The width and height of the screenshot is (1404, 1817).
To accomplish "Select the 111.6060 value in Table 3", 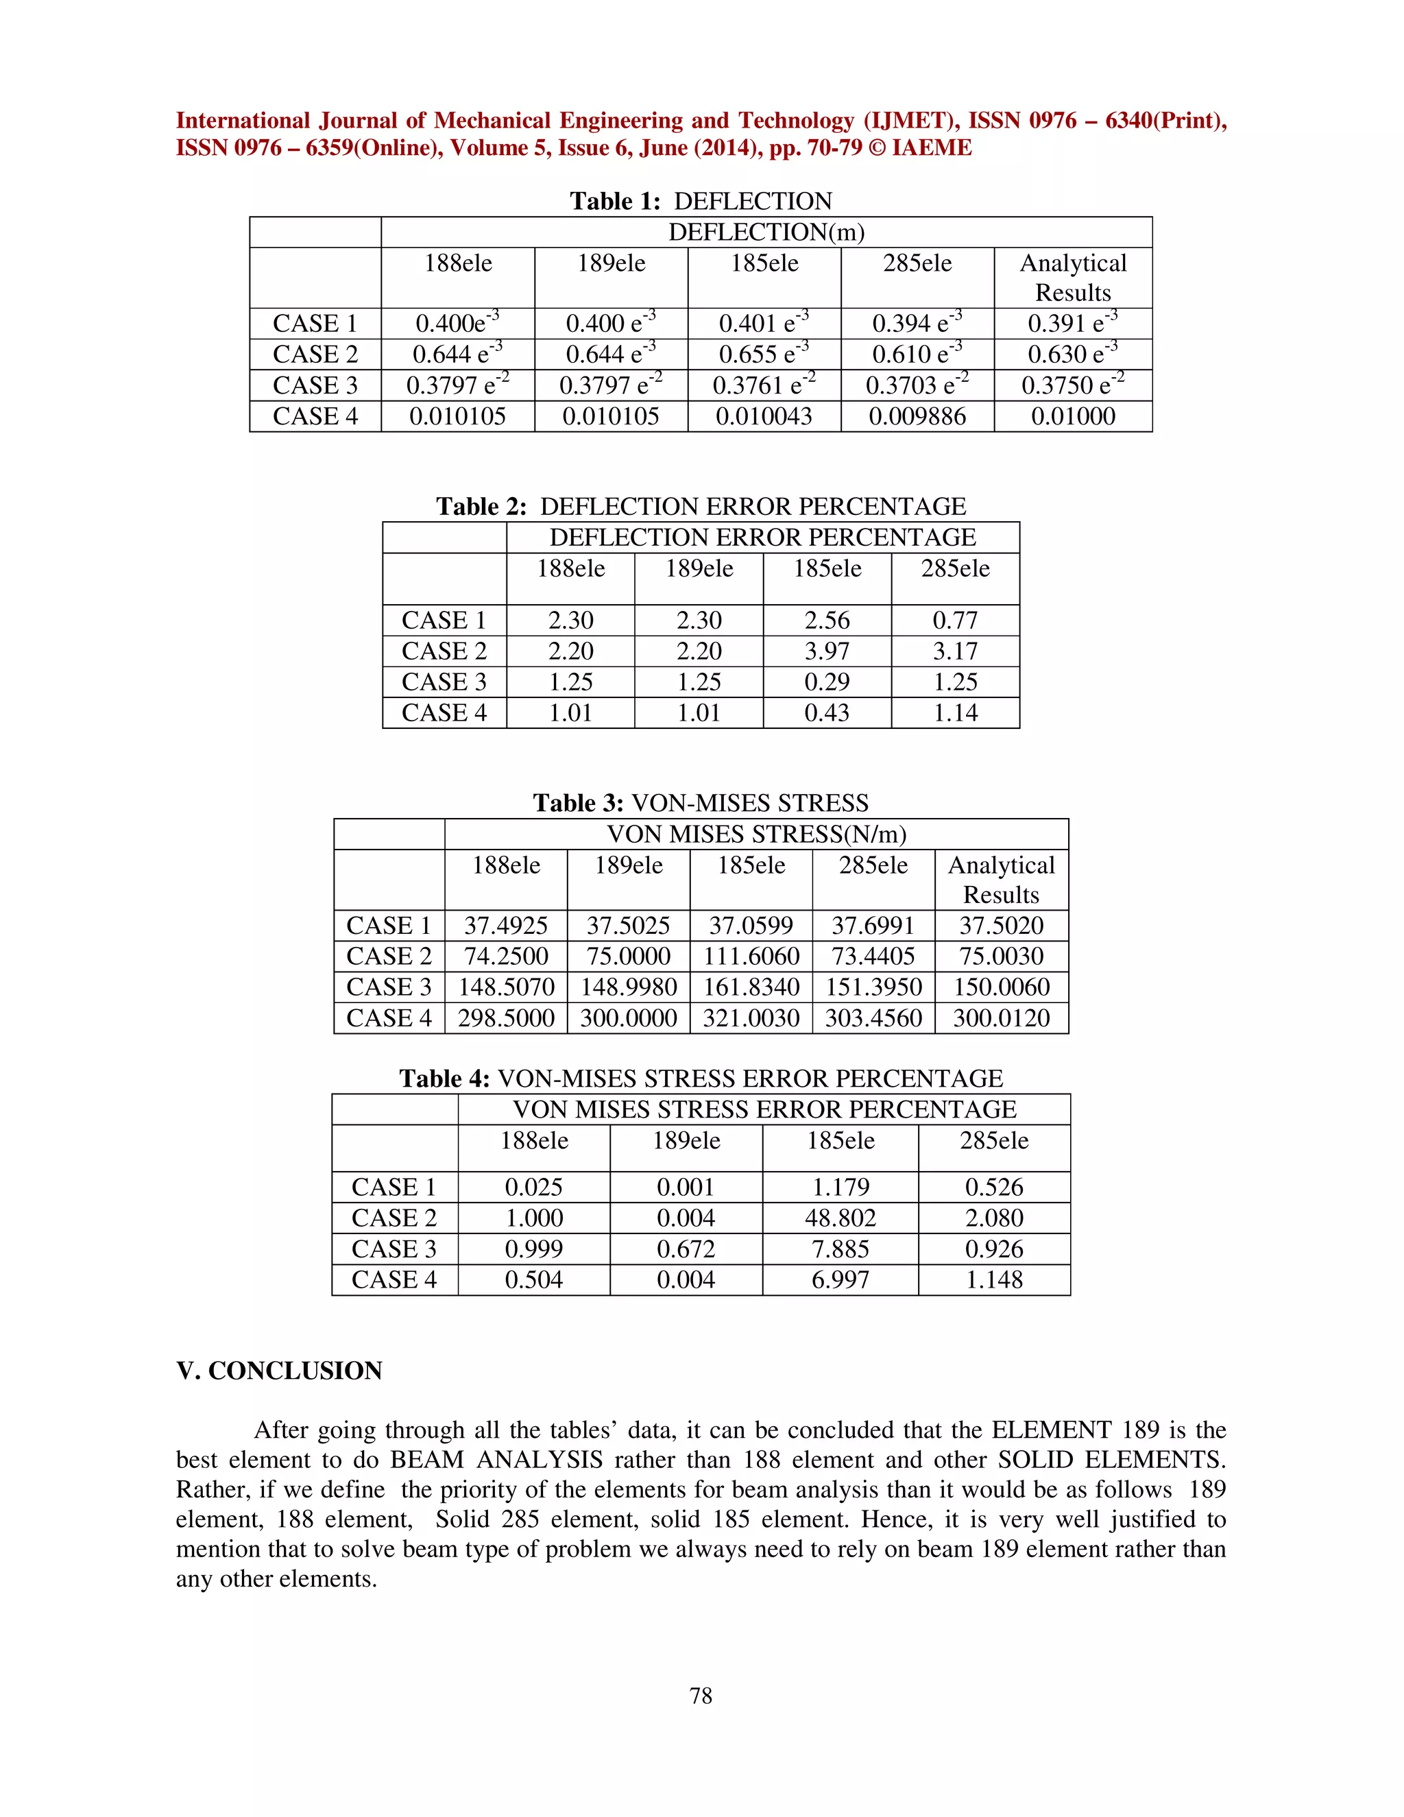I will point(751,956).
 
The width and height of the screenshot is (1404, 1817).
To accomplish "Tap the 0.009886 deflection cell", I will point(917,416).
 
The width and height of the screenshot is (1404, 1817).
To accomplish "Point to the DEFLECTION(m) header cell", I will point(766,232).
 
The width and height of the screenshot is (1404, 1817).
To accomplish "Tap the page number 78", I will point(701,1696).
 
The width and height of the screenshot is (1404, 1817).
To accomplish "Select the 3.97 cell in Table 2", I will point(827,651).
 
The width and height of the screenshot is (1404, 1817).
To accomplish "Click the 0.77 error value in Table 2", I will point(955,620).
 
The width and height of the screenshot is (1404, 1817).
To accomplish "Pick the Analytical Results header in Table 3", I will point(1001,880).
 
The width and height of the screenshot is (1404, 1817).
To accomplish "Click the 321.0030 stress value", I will point(751,1018).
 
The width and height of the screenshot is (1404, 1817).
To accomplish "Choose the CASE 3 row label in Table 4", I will point(394,1249).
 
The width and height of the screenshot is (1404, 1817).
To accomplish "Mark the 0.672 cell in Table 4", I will point(686,1249).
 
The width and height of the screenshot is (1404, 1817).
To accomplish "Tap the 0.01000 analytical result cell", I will point(1073,416).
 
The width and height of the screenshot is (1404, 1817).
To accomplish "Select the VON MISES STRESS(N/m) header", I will point(756,834).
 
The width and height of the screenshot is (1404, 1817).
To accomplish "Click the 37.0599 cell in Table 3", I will point(751,925).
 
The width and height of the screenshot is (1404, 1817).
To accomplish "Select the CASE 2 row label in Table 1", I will point(315,354).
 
